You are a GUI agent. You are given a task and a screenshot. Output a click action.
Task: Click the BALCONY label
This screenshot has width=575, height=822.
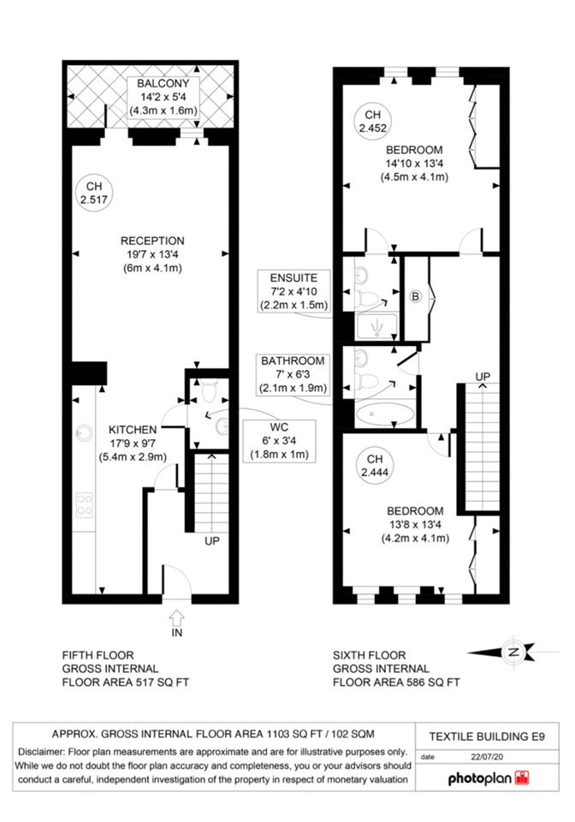[x=163, y=83]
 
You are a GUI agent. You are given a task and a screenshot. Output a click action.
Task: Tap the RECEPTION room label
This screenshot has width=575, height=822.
[x=152, y=241]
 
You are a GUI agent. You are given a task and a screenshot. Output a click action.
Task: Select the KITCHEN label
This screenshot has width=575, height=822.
[x=133, y=430]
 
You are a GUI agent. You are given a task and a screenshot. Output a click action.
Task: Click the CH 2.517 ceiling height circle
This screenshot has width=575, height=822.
[x=94, y=193]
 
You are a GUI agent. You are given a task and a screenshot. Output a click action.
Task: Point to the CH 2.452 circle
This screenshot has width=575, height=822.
[x=372, y=121]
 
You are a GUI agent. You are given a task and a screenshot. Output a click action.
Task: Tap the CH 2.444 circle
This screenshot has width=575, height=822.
[x=375, y=466]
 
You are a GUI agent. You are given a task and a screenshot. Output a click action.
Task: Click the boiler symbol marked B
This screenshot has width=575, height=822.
[x=416, y=297]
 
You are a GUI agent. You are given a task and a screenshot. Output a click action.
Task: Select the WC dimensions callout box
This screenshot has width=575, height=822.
[x=279, y=441]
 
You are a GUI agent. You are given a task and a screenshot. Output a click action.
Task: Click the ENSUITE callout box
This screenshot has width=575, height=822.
[x=293, y=291]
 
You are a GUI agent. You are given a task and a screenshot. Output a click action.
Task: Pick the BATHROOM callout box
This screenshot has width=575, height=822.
[x=293, y=374]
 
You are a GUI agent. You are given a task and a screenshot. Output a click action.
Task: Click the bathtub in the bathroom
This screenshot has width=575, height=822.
[x=385, y=414]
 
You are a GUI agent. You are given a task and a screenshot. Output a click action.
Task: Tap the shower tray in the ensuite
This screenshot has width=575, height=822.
[x=376, y=327]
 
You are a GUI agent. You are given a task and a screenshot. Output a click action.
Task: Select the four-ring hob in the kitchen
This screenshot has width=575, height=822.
[x=85, y=504]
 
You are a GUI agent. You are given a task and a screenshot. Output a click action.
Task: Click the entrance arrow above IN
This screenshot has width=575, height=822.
[x=177, y=617]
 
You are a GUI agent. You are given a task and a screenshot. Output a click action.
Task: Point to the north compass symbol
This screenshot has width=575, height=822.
[x=513, y=652]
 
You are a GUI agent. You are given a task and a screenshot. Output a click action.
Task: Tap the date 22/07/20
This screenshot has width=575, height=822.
[x=487, y=756]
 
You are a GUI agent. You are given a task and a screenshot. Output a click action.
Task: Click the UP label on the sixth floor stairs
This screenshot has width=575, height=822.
[x=483, y=377]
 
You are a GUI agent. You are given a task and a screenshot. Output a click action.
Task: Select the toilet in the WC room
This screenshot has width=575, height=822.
[x=210, y=390]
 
